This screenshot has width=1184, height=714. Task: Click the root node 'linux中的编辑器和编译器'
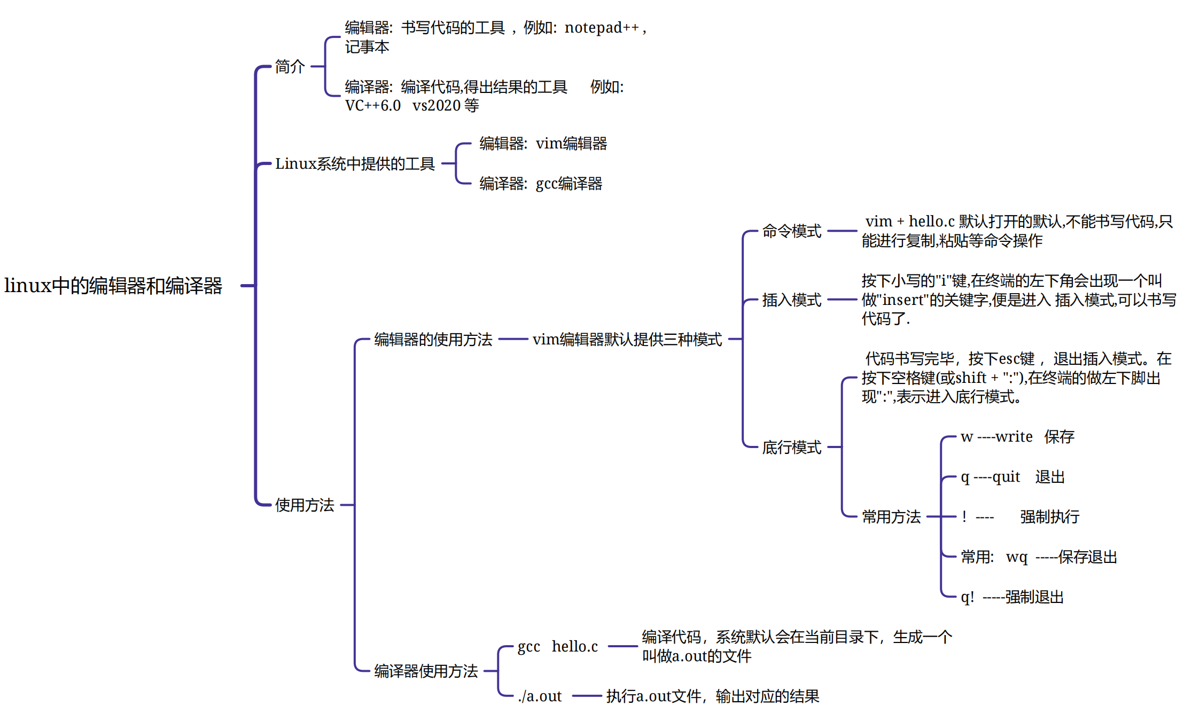(x=113, y=286)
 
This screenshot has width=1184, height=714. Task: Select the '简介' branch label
(x=290, y=67)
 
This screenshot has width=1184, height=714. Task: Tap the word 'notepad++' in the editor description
(x=601, y=27)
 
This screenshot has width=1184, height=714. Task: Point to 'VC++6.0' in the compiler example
(x=372, y=106)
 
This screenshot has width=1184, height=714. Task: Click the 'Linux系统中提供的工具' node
(x=355, y=164)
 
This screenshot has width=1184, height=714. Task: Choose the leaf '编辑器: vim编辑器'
(x=543, y=144)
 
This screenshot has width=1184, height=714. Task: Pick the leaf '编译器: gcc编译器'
(x=541, y=184)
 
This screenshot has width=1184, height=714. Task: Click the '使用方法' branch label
(x=305, y=505)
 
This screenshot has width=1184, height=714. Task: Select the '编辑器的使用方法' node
(x=433, y=339)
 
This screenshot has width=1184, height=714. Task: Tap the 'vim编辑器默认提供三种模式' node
(x=627, y=339)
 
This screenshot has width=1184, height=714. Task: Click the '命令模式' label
(x=791, y=231)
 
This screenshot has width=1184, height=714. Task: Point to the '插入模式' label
(x=791, y=300)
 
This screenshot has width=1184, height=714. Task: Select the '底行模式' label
(x=791, y=447)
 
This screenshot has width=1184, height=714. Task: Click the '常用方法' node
(x=891, y=516)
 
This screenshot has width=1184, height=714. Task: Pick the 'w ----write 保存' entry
(x=1017, y=437)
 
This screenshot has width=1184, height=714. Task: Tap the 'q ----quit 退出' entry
(x=1012, y=477)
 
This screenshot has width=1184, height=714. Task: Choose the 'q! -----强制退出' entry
(x=1012, y=597)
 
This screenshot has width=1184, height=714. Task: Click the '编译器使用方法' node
(x=426, y=671)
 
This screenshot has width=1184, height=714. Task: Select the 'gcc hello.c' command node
(x=557, y=647)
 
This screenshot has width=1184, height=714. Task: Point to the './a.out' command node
(x=540, y=696)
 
